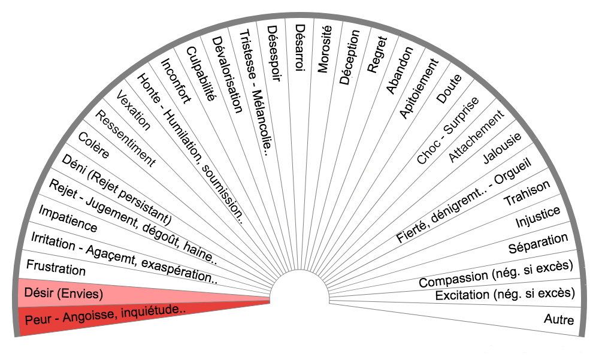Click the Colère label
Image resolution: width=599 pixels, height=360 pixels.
94,145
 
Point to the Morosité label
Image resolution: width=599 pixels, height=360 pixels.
324,50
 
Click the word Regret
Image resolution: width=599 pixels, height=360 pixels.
377,55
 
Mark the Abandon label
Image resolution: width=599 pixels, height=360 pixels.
400,69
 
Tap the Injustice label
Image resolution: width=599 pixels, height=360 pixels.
538,217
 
